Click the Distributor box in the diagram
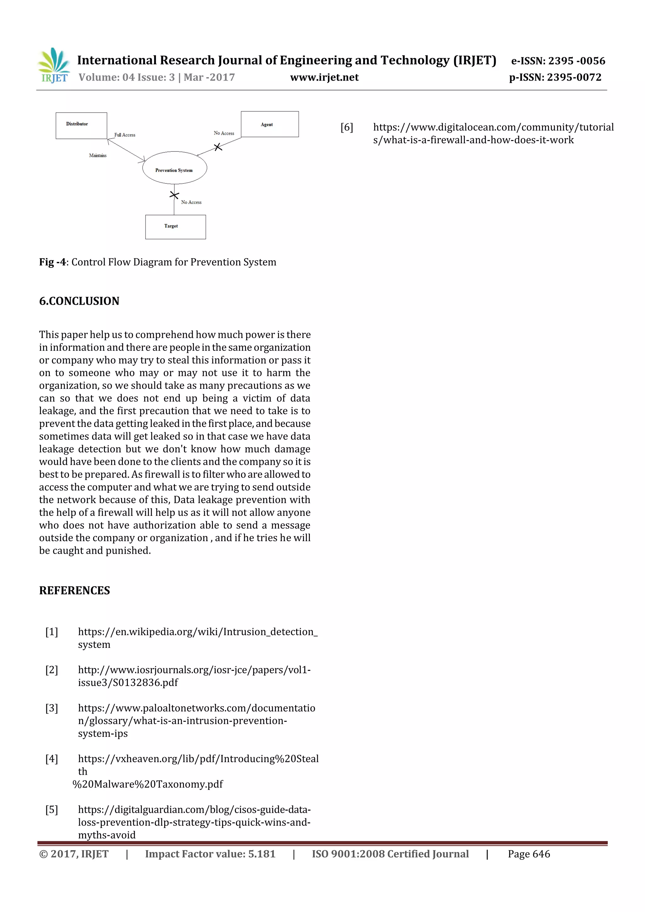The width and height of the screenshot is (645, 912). pyautogui.click(x=81, y=126)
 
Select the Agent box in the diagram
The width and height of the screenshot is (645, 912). pyautogui.click(x=270, y=124)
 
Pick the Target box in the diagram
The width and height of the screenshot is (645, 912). pyautogui.click(x=175, y=227)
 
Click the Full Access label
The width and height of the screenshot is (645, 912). pyautogui.click(x=125, y=135)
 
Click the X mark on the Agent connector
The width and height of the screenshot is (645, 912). pyautogui.click(x=218, y=147)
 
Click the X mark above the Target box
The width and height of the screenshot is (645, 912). pyautogui.click(x=174, y=195)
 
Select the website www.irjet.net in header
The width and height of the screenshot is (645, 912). pyautogui.click(x=324, y=77)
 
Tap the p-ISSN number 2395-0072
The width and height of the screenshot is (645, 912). pyautogui.click(x=574, y=77)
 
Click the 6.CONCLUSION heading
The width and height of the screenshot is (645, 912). pyautogui.click(x=79, y=301)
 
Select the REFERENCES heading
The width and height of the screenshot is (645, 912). pyautogui.click(x=74, y=591)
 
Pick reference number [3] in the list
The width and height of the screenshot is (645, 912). pyautogui.click(x=52, y=708)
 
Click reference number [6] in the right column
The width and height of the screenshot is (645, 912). pyautogui.click(x=346, y=127)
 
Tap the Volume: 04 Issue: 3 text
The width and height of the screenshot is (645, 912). pyautogui.click(x=126, y=77)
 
